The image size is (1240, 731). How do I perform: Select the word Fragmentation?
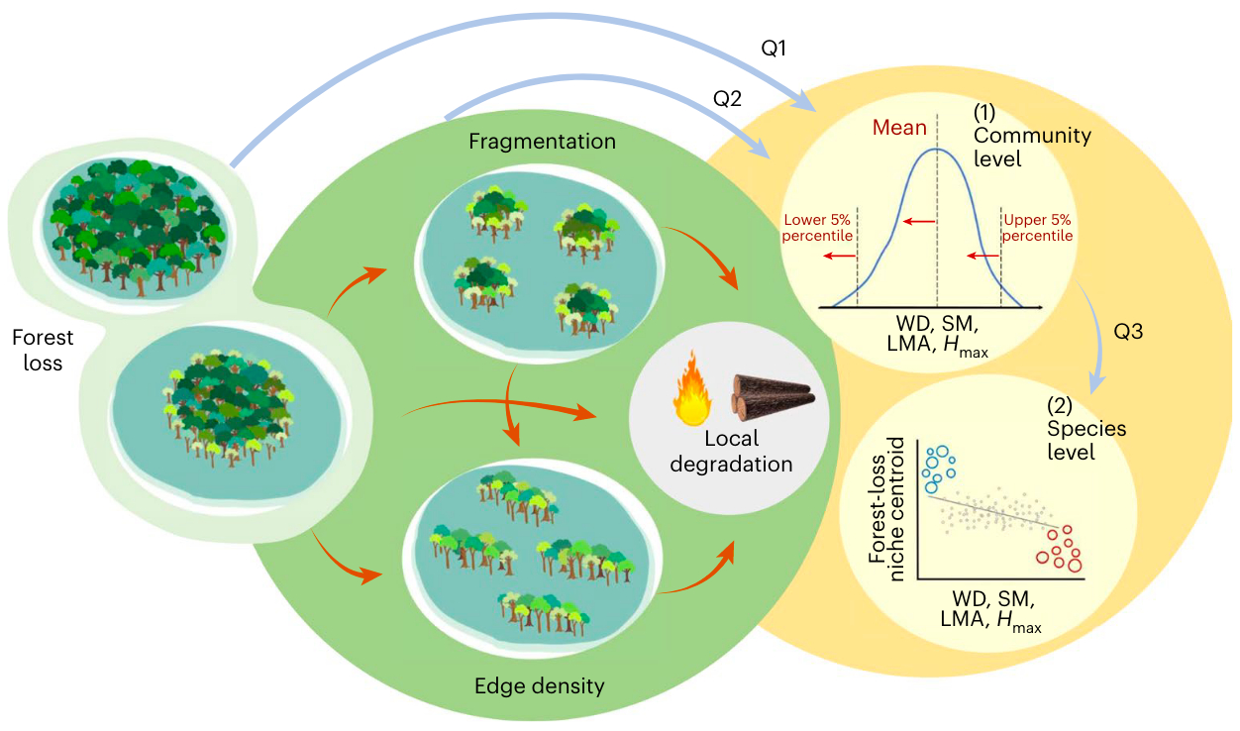pos(543,142)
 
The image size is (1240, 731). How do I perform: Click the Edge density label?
pos(539,685)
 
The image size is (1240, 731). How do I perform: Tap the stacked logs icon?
pos(772,395)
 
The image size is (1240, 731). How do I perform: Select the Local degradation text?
pos(731,451)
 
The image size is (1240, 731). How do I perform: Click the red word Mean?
pos(899,128)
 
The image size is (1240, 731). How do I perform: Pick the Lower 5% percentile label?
pos(817,228)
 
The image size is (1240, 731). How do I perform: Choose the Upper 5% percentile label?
pos(1038,228)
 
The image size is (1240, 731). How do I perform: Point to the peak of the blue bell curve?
pos(937,150)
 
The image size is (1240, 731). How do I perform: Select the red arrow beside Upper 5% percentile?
pos(983,256)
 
